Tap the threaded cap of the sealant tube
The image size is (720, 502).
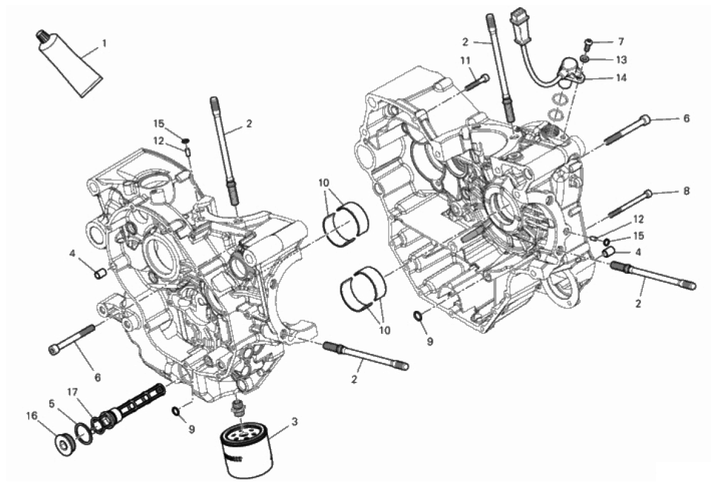42,36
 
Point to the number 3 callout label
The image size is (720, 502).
294,421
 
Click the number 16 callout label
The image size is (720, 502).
31,416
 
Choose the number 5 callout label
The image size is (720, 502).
52,404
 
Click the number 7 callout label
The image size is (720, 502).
621,42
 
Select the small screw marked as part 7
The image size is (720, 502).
588,45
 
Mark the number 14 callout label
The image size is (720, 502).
621,78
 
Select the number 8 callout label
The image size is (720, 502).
687,191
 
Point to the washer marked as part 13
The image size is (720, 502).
585,59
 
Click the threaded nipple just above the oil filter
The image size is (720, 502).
238,408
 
